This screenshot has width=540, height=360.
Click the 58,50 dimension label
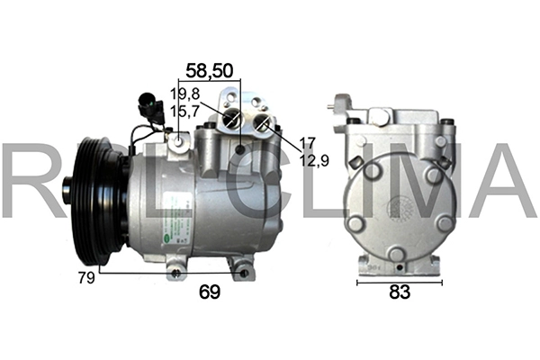210,70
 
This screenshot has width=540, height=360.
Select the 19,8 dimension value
184,94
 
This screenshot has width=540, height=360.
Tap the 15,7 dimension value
184,111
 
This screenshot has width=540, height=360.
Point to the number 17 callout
308,143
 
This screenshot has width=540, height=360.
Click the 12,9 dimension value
314,160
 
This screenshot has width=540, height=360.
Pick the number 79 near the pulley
86,278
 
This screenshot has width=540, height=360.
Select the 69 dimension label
210,292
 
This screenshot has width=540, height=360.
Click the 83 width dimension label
400,292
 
